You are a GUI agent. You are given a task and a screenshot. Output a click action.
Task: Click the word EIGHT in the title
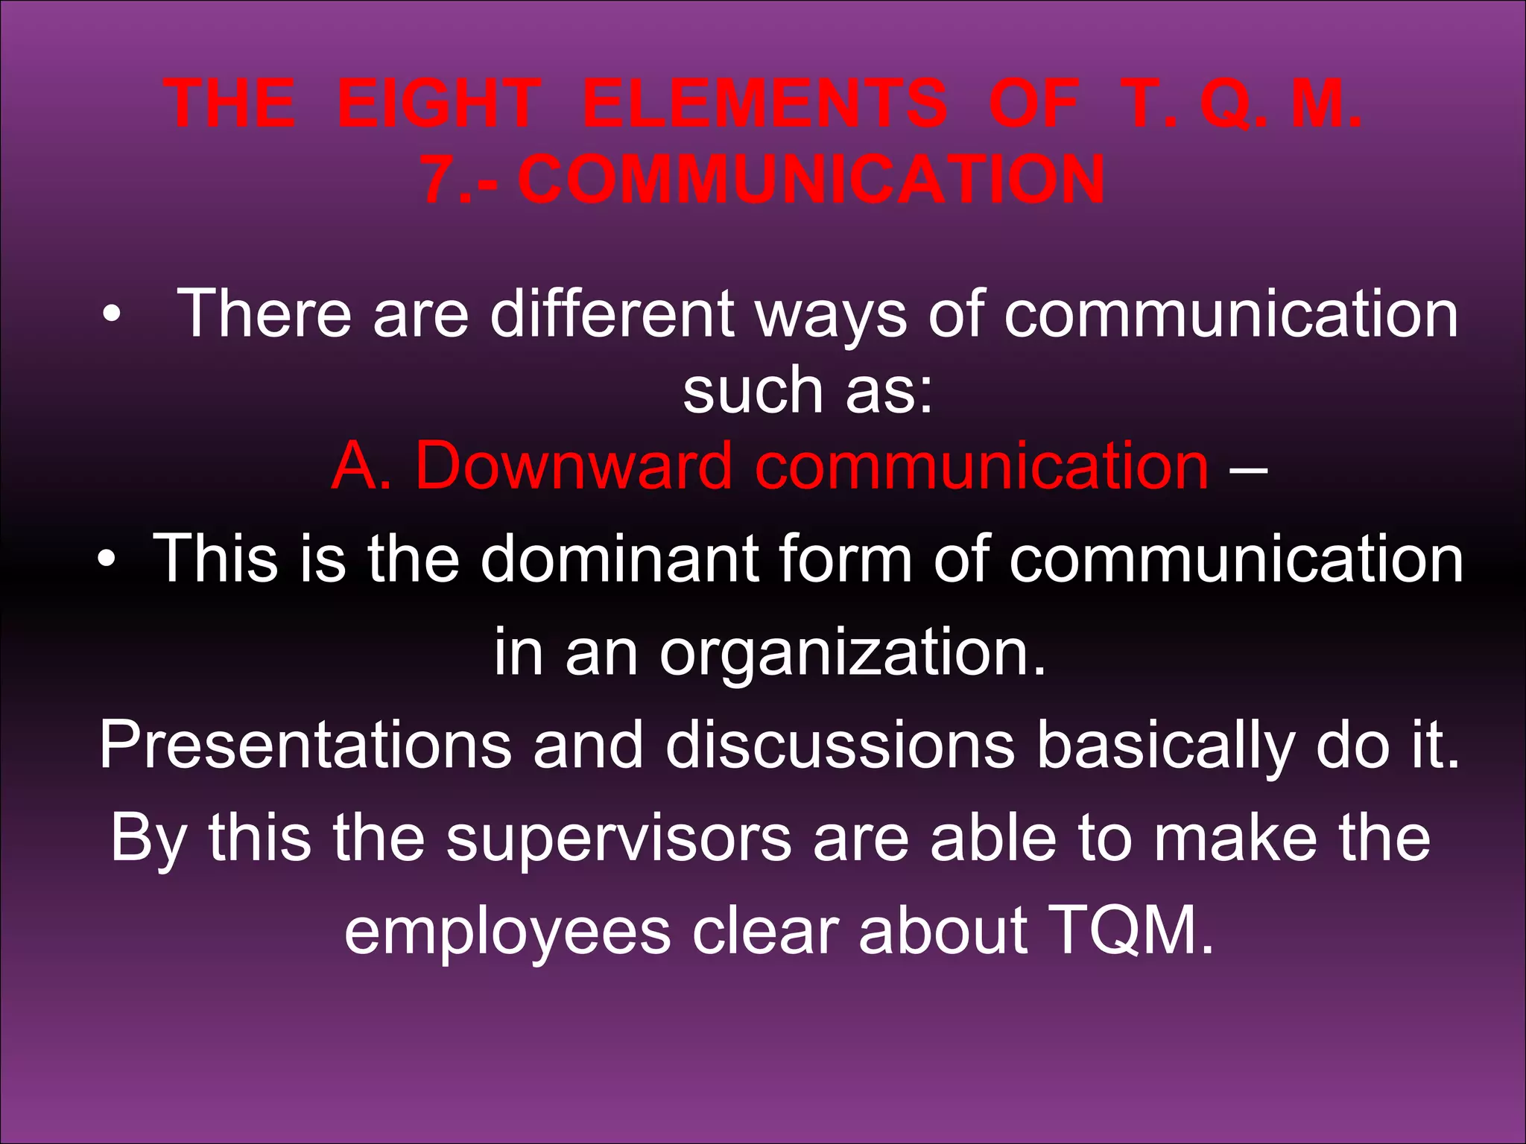coord(439,104)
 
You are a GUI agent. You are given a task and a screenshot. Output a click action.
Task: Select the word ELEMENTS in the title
coord(764,104)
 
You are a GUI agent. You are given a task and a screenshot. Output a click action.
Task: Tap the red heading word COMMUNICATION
coord(811,179)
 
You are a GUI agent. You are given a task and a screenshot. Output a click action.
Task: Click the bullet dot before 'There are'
coord(111,316)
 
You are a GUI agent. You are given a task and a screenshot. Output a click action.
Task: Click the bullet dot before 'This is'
coord(107,560)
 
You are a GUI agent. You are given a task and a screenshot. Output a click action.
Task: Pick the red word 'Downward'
coord(573,465)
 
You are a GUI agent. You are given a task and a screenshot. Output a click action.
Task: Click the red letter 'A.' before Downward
coord(361,465)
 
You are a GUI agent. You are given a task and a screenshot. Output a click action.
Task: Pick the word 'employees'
coord(507,932)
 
